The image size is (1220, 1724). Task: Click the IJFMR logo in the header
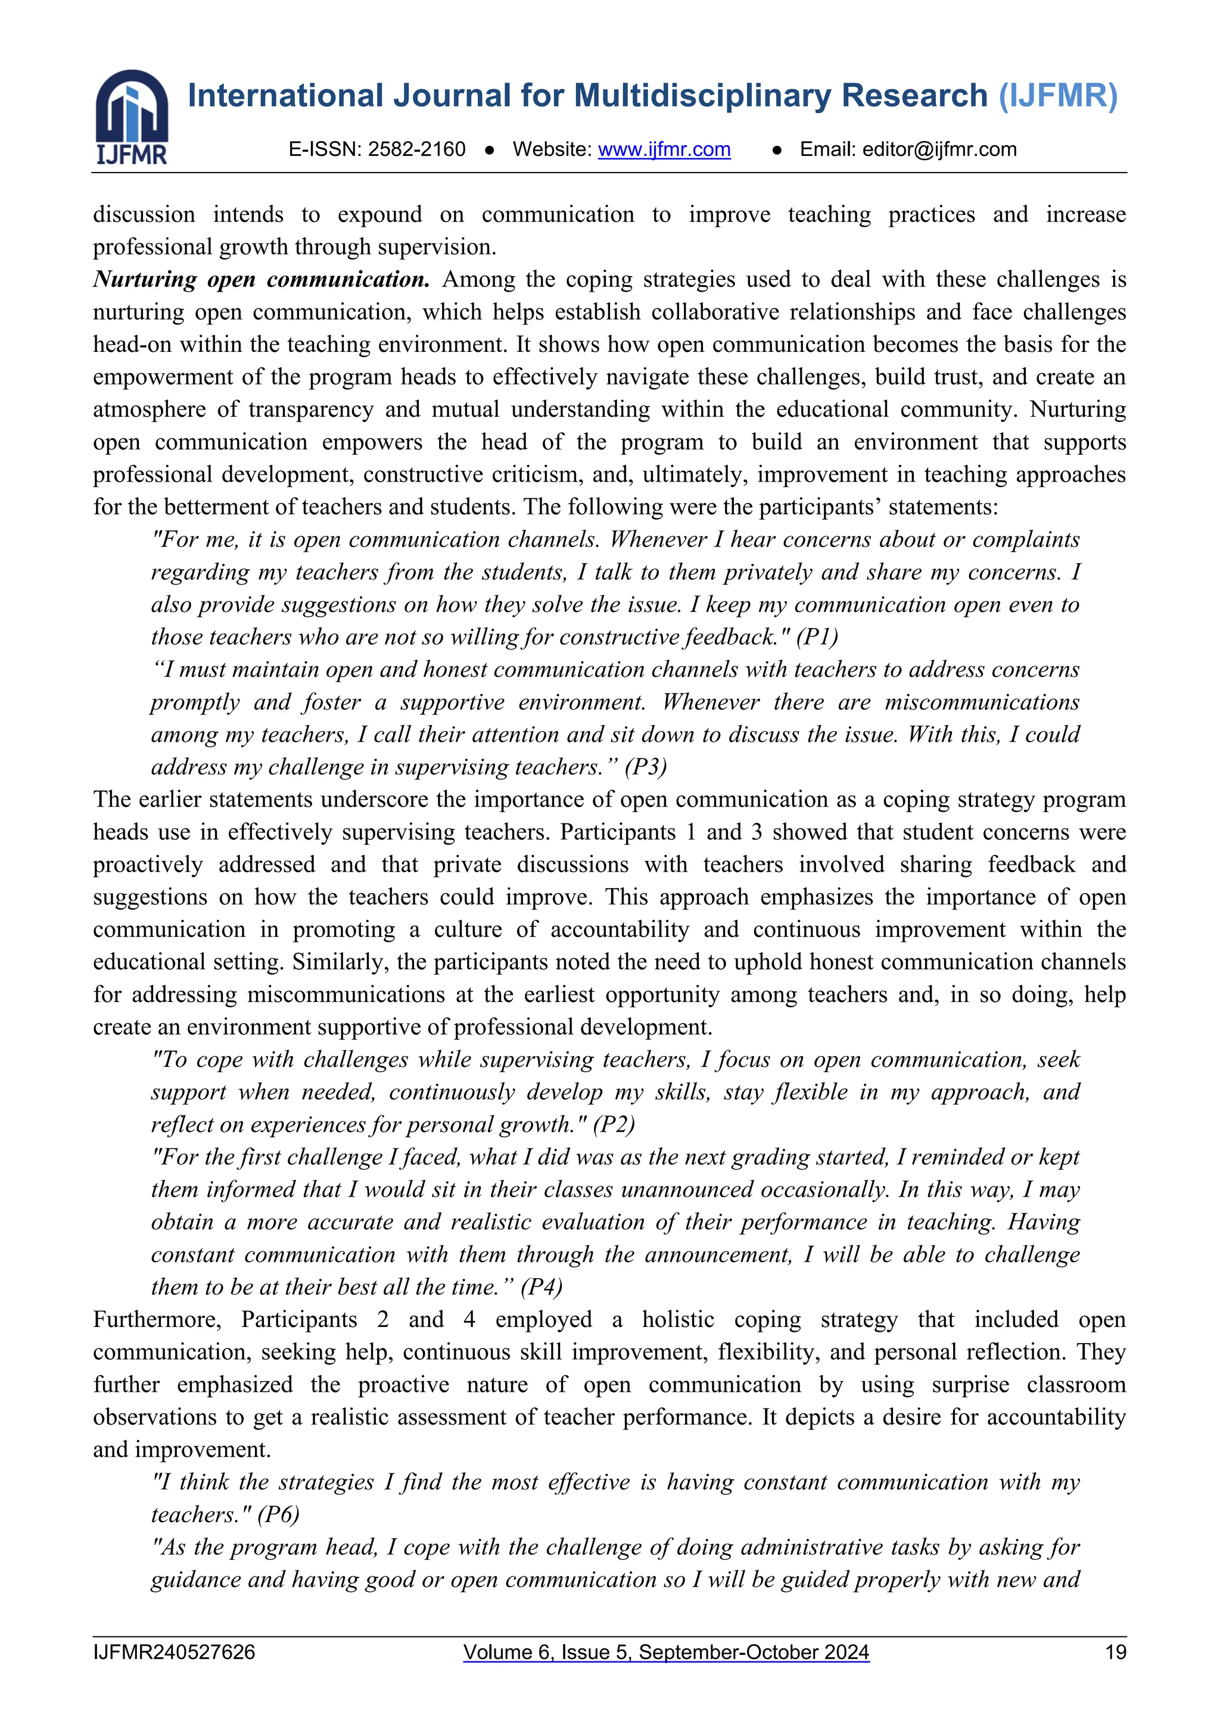click(x=132, y=117)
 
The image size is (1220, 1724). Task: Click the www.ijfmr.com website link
click(x=664, y=149)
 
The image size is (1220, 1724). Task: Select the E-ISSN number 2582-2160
click(x=416, y=149)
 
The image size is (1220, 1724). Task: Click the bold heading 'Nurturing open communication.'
click(x=261, y=279)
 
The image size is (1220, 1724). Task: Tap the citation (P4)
click(x=541, y=1287)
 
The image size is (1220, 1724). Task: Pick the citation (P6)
click(x=278, y=1514)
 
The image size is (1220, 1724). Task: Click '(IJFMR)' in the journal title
click(x=1058, y=96)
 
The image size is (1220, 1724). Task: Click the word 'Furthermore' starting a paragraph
click(x=156, y=1319)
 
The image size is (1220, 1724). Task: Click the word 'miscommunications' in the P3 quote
click(x=982, y=702)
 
